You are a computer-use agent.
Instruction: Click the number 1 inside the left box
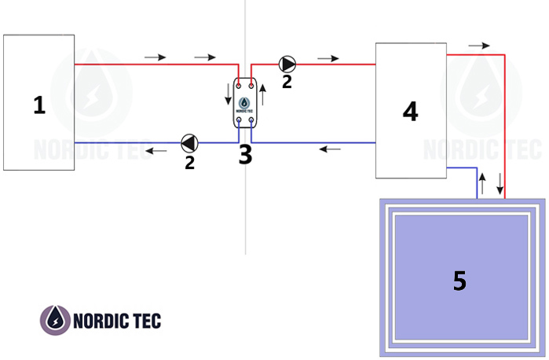click(x=39, y=105)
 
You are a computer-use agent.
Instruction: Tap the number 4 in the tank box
click(x=410, y=112)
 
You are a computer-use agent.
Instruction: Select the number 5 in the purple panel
click(x=459, y=281)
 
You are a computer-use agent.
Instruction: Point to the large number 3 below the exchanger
click(x=245, y=155)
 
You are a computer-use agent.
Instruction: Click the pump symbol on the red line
click(x=287, y=64)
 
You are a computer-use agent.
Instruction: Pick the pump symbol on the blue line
click(x=189, y=143)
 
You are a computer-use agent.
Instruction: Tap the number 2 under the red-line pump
click(x=287, y=82)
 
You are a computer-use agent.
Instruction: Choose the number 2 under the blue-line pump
click(x=189, y=163)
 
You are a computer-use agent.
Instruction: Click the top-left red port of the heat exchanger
click(x=239, y=86)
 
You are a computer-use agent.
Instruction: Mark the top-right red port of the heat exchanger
click(x=251, y=86)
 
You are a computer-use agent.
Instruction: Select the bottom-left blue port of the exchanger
click(x=239, y=120)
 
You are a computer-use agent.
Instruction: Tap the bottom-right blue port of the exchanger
click(x=251, y=120)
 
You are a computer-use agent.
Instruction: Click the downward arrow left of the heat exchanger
click(x=229, y=94)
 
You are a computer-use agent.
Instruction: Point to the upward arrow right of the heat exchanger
click(x=262, y=94)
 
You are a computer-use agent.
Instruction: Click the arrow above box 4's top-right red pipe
click(x=479, y=46)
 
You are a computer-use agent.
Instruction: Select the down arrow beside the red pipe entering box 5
click(x=500, y=184)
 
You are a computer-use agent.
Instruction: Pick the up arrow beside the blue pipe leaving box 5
click(x=482, y=184)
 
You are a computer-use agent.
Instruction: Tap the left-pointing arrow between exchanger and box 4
click(x=330, y=149)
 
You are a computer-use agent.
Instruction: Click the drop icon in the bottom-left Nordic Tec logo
click(x=55, y=321)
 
